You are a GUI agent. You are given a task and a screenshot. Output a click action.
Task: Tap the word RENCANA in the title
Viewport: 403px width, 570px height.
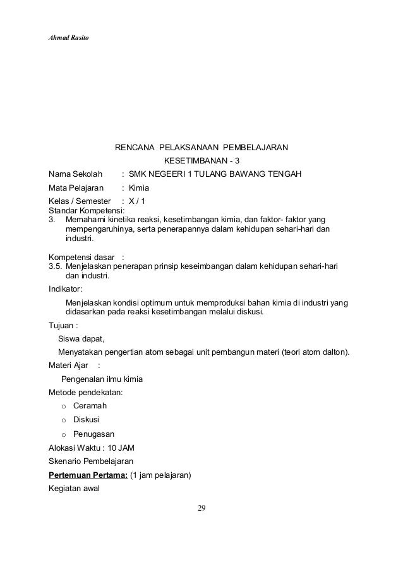click(134, 148)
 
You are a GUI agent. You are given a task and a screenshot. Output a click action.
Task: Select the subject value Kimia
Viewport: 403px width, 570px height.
click(138, 188)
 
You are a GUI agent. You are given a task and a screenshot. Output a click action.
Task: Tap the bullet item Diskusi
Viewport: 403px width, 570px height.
click(86, 420)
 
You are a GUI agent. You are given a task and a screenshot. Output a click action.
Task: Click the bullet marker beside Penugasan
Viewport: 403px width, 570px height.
click(63, 434)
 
